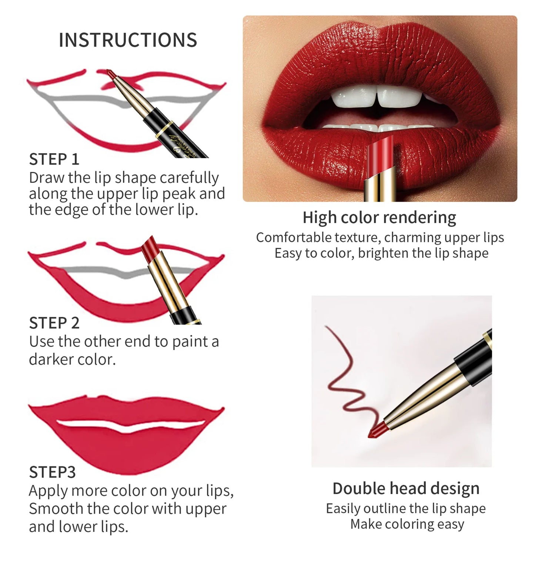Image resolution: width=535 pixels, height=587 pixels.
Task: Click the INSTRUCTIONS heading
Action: (128, 40)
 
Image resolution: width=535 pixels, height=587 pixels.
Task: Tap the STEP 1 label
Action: (54, 160)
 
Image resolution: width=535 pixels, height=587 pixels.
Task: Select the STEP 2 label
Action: (54, 323)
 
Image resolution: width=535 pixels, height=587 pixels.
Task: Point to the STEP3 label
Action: (52, 472)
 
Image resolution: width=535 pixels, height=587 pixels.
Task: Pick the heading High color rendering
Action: (379, 218)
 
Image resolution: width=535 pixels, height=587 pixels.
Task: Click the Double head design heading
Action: (406, 489)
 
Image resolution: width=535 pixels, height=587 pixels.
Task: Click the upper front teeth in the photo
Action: (376, 97)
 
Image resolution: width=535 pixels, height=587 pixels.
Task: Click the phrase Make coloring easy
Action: (407, 524)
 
